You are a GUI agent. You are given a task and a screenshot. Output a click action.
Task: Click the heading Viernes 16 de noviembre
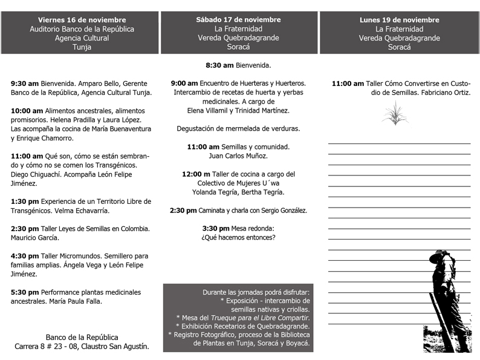tap(82, 20)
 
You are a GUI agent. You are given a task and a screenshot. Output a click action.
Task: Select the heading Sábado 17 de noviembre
tap(238, 20)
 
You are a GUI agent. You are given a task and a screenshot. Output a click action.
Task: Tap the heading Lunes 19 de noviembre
tap(400, 20)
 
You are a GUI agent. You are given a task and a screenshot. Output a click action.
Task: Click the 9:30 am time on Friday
tap(25, 83)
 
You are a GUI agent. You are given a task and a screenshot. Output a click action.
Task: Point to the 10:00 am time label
tap(27, 111)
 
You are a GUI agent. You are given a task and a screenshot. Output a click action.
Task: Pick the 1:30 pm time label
tap(25, 201)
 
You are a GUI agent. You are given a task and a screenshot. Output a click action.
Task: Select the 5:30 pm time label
tap(25, 292)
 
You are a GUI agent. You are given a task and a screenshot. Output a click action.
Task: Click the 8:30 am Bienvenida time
tap(219, 65)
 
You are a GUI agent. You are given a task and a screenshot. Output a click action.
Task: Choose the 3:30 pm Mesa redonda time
tap(216, 229)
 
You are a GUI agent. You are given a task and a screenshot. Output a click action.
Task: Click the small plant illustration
tap(395, 113)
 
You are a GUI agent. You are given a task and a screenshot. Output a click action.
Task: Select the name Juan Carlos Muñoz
tap(238, 156)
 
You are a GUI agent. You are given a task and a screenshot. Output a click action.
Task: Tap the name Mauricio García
tap(35, 238)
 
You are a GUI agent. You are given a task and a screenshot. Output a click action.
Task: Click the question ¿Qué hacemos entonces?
tap(238, 238)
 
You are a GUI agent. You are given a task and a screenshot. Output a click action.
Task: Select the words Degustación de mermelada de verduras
tap(238, 129)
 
